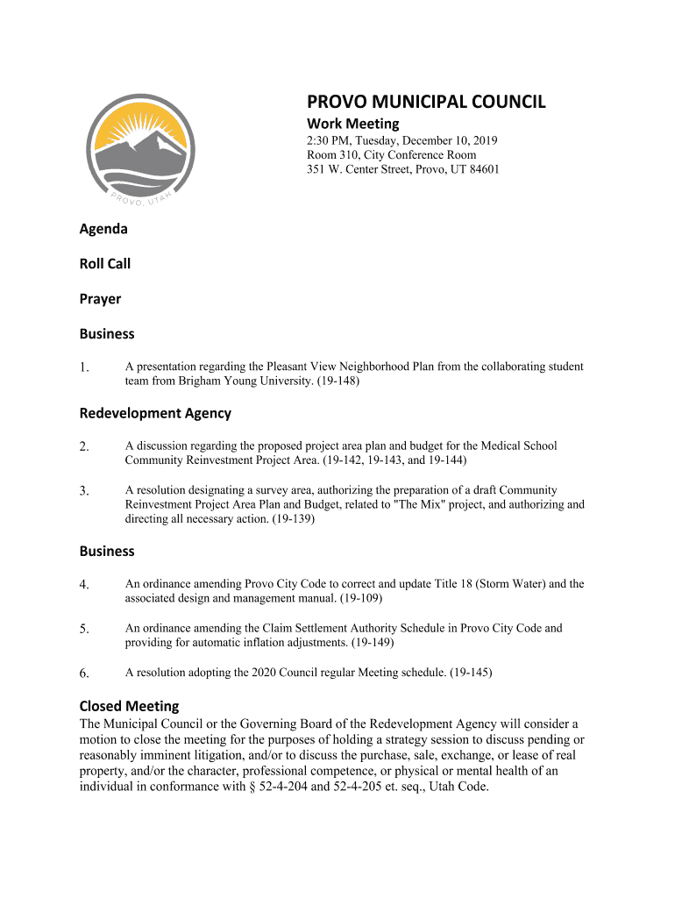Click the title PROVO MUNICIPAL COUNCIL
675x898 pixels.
425,102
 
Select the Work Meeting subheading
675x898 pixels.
352,124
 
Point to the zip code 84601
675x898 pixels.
481,169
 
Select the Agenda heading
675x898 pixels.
103,229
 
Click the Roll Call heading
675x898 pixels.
105,264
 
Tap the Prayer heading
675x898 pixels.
100,299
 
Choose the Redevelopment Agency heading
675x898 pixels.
155,413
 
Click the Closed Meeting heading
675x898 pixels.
129,706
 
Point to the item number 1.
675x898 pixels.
84,368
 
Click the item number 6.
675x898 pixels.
84,673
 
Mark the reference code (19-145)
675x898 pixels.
471,673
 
